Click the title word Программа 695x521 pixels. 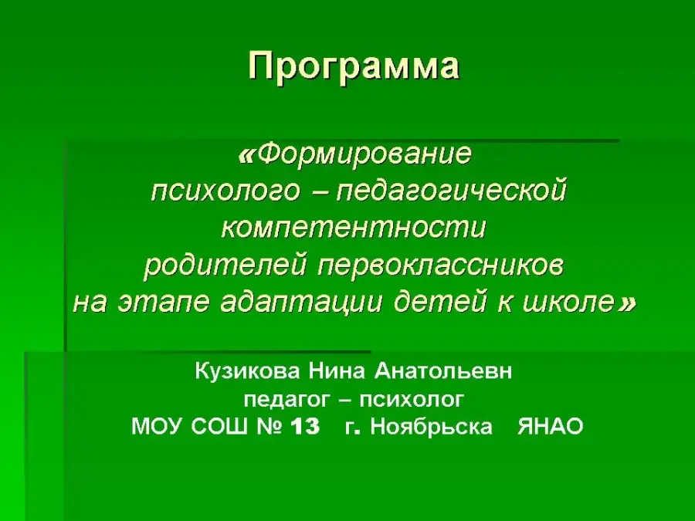[353, 67]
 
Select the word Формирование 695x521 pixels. [364, 154]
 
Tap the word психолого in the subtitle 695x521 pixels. [225, 192]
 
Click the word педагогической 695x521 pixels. [451, 191]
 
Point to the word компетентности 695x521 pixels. [354, 228]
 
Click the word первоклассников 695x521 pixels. [441, 266]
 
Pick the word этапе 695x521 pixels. [163, 303]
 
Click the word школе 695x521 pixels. [568, 303]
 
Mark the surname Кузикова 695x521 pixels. [247, 371]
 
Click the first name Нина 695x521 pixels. [337, 371]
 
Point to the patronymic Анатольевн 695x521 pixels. [443, 371]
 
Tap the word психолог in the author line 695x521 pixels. [412, 400]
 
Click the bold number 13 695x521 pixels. [305, 427]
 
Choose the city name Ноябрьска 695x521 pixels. [431, 427]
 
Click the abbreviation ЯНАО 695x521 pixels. [550, 427]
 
